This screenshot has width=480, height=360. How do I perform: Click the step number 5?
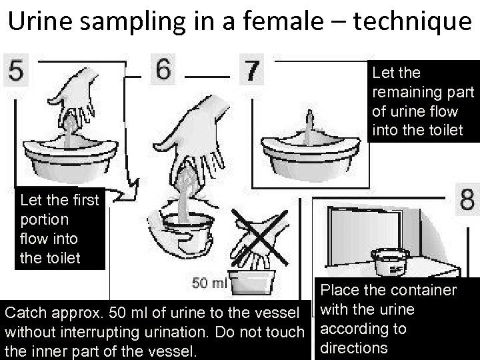[16, 70]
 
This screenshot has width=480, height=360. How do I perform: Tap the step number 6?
[163, 69]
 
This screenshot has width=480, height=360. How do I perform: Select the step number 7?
[251, 71]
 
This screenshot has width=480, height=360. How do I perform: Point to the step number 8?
[467, 199]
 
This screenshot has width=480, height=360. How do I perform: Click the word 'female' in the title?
[283, 21]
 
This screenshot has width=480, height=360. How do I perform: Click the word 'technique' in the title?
[412, 21]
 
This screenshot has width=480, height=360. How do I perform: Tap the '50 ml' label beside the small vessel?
[209, 283]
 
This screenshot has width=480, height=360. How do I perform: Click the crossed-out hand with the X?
[259, 238]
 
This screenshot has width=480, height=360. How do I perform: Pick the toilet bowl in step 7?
[311, 157]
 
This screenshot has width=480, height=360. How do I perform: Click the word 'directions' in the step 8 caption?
[353, 348]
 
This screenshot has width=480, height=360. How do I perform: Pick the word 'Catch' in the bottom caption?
[26, 313]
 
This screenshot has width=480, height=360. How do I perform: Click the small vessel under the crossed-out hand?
[251, 281]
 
